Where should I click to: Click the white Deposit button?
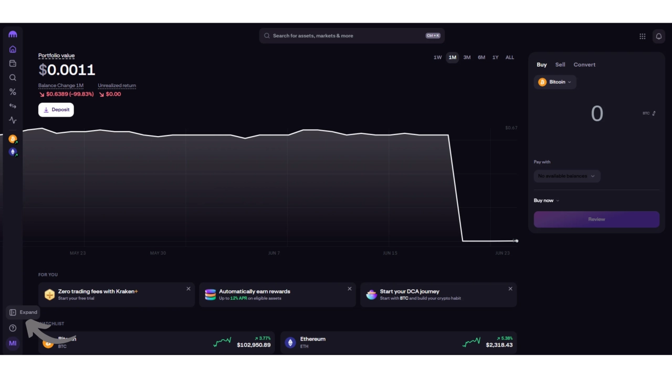[56, 110]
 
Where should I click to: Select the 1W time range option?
[437, 57]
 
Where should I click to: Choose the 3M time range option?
[467, 57]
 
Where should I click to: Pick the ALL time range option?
[509, 57]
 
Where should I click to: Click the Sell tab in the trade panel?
[560, 65]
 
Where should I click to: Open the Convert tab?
[584, 65]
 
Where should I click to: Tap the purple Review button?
[596, 219]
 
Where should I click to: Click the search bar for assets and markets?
[352, 36]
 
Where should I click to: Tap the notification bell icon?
[658, 36]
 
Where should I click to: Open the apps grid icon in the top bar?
[642, 36]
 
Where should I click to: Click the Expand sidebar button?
[23, 312]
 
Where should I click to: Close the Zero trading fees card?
[188, 289]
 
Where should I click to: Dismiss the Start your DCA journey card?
[510, 289]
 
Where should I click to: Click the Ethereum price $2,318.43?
[499, 345]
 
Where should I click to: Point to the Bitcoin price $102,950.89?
[254, 345]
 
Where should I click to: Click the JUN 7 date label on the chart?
[274, 253]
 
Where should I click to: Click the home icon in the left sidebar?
[13, 49]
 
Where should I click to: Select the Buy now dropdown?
[547, 201]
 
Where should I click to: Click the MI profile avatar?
[13, 343]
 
